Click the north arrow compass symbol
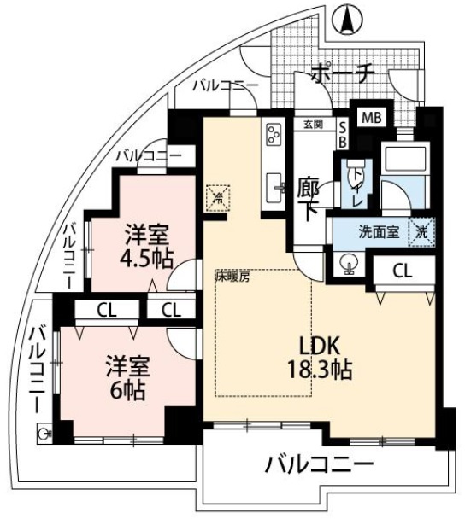click(x=348, y=20)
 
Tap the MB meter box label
click(x=372, y=118)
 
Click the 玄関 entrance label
click(x=313, y=125)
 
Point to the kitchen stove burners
click(x=274, y=134)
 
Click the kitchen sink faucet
click(x=280, y=188)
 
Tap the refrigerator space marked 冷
click(x=218, y=198)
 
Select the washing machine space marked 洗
click(x=421, y=232)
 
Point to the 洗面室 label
click(x=379, y=232)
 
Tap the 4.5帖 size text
click(x=146, y=259)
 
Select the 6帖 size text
click(x=127, y=391)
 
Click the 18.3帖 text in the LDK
click(x=320, y=370)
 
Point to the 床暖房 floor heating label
click(x=232, y=277)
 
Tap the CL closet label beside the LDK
click(x=403, y=271)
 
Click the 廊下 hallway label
click(x=308, y=199)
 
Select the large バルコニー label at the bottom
click(x=319, y=465)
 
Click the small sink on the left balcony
click(x=44, y=433)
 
